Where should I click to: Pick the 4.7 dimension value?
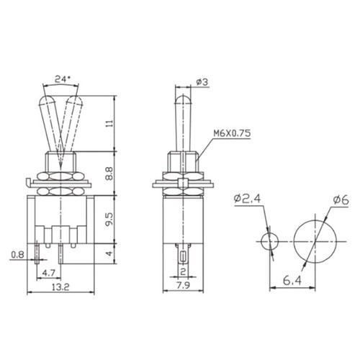pyautogui.click(x=48, y=274)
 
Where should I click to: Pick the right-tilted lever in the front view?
pyautogui.click(x=73, y=122)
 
